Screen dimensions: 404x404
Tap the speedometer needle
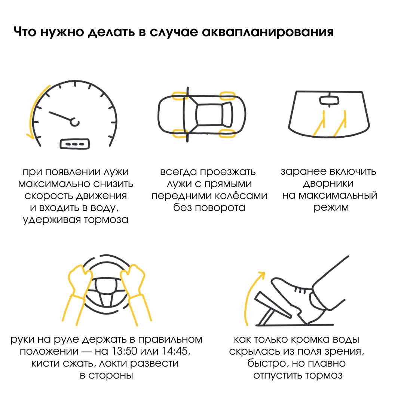pyautogui.click(x=60, y=116)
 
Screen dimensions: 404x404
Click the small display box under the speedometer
pyautogui.click(x=75, y=144)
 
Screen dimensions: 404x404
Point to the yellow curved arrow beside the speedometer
pyautogui.click(x=33, y=112)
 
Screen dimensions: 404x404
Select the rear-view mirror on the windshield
pyautogui.click(x=329, y=100)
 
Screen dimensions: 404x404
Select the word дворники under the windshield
pyautogui.click(x=328, y=184)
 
